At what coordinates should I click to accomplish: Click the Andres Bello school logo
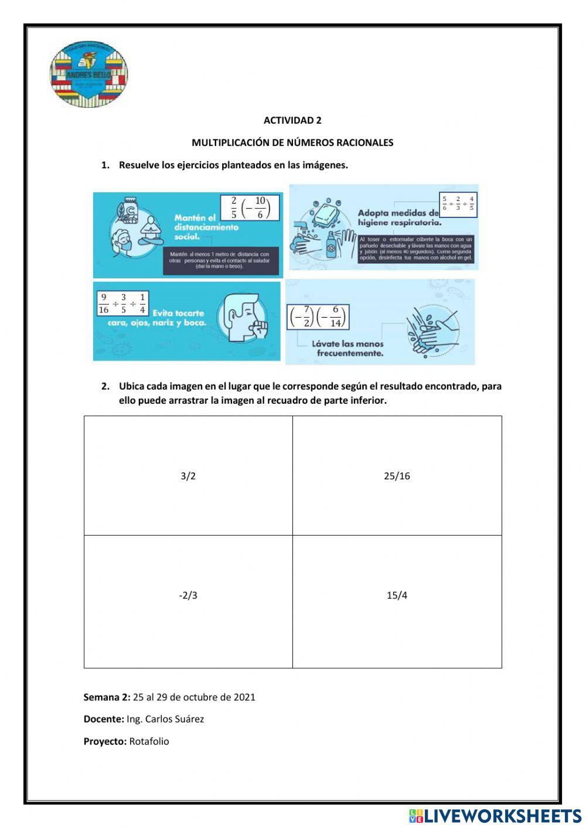[x=88, y=74]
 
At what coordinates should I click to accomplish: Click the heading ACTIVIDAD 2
[x=292, y=121]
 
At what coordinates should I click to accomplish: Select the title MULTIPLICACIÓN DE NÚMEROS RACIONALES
[x=292, y=143]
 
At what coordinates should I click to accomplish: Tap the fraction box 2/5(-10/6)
[x=250, y=208]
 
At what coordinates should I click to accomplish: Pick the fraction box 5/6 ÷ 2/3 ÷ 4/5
[x=458, y=204]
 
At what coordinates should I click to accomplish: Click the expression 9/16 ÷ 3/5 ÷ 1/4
[x=122, y=304]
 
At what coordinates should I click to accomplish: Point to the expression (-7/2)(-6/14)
[x=318, y=316]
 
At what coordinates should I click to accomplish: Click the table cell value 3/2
[x=188, y=476]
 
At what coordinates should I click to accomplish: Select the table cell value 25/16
[x=397, y=476]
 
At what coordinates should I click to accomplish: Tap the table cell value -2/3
[x=188, y=596]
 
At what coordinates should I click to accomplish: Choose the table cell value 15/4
[x=397, y=596]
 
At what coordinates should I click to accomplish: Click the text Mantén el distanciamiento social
[x=206, y=227]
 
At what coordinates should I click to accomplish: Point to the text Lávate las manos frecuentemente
[x=347, y=349]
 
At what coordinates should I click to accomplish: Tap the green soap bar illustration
[x=330, y=215]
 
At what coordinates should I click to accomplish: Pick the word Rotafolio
[x=149, y=742]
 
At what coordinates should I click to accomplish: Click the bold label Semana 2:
[x=107, y=697]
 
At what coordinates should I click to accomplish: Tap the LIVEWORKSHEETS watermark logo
[x=495, y=816]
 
